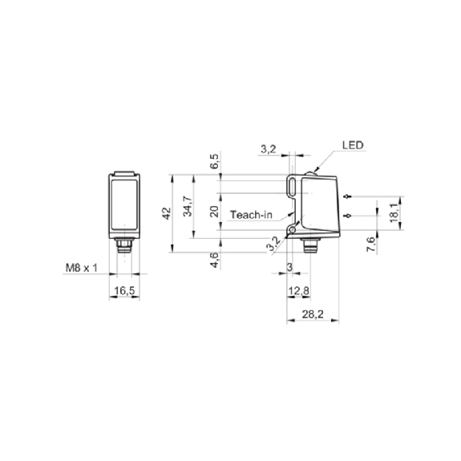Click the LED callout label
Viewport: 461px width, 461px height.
(353, 145)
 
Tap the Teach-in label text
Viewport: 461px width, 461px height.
(251, 215)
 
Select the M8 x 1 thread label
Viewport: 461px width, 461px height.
(82, 268)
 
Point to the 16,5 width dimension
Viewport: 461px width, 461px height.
(124, 291)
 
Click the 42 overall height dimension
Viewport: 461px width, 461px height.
(167, 213)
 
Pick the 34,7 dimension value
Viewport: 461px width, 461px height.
(188, 206)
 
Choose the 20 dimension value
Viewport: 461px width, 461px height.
(215, 212)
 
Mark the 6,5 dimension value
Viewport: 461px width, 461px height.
(215, 161)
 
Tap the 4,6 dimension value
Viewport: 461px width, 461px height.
(215, 260)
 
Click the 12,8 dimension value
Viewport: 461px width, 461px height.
(299, 291)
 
